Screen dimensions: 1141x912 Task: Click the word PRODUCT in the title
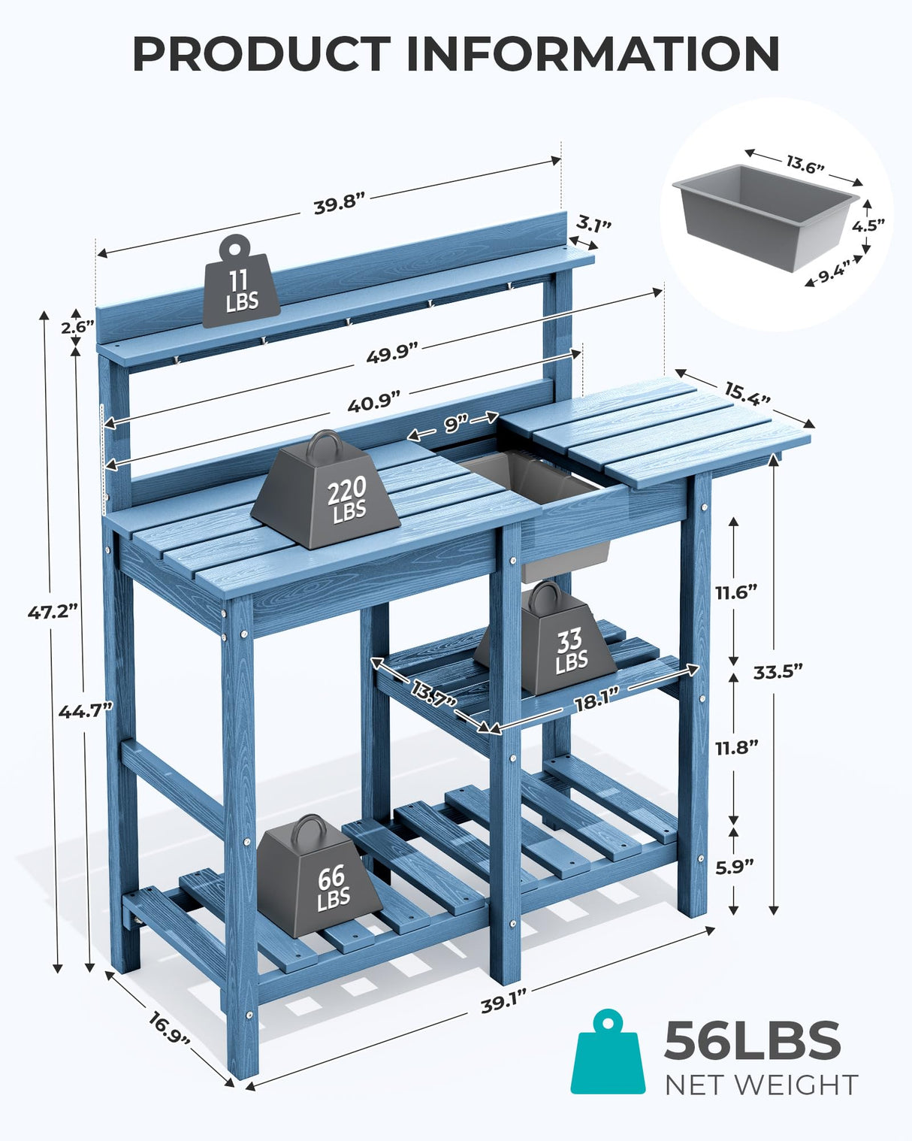260,53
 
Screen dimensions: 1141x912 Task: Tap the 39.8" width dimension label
339,204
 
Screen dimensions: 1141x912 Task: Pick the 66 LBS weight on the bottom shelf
319,879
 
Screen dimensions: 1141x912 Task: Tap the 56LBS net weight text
752,1041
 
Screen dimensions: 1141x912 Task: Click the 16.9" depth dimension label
169,1028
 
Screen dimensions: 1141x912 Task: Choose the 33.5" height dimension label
778,671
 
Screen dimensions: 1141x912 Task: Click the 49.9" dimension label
391,354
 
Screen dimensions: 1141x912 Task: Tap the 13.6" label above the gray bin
805,165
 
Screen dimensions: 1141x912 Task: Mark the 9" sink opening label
454,425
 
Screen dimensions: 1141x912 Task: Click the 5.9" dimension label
734,867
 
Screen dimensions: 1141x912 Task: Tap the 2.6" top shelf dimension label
77,326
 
